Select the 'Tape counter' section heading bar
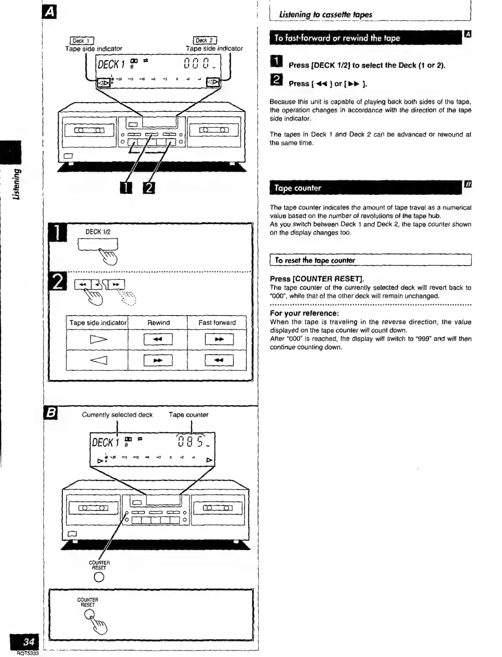pyautogui.click(x=365, y=188)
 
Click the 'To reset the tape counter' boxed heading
pyautogui.click(x=315, y=260)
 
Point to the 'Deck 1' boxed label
pyautogui.click(x=82, y=41)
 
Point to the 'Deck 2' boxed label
pyautogui.click(x=205, y=41)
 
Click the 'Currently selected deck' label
pyautogui.click(x=117, y=415)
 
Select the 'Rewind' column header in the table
pyautogui.click(x=158, y=323)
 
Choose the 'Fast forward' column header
pyautogui.click(x=217, y=323)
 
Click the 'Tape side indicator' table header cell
pyautogui.click(x=98, y=323)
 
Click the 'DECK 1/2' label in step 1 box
pyautogui.click(x=98, y=232)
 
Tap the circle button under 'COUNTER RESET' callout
pyautogui.click(x=99, y=577)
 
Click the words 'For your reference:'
pyautogui.click(x=304, y=313)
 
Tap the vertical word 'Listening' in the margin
pyautogui.click(x=16, y=184)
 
